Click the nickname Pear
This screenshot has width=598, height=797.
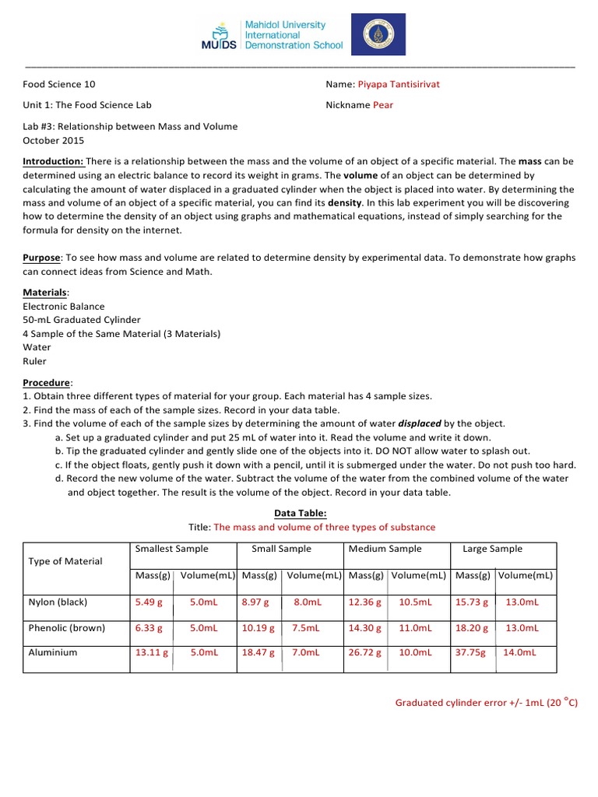pyautogui.click(x=383, y=105)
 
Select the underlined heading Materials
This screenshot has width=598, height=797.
pyautogui.click(x=46, y=292)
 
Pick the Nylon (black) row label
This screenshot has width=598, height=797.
pyautogui.click(x=58, y=602)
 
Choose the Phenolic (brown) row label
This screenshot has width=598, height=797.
pyautogui.click(x=66, y=627)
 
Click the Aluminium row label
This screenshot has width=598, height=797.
pyautogui.click(x=53, y=652)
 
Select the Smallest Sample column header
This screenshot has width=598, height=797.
pyautogui.click(x=171, y=549)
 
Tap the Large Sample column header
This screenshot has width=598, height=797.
pyautogui.click(x=492, y=549)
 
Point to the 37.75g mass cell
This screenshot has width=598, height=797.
pyautogui.click(x=470, y=653)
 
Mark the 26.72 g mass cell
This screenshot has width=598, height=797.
pyautogui.click(x=364, y=653)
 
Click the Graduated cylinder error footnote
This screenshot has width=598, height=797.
pyautogui.click(x=486, y=704)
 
